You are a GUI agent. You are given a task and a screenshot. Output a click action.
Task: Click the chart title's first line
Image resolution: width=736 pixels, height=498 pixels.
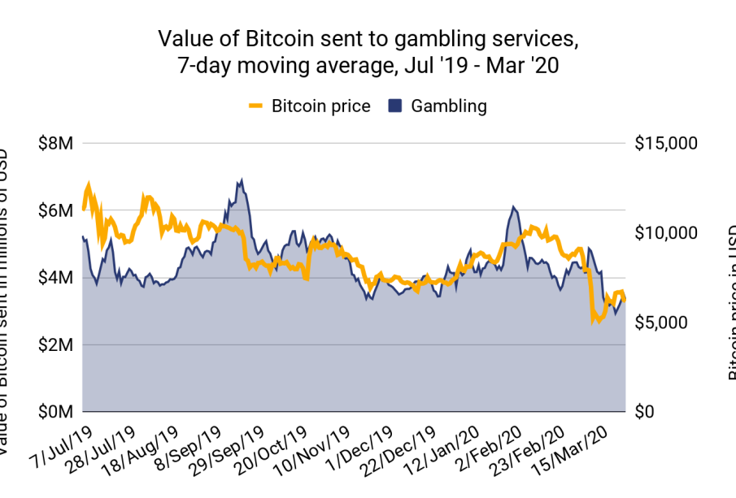[368, 39]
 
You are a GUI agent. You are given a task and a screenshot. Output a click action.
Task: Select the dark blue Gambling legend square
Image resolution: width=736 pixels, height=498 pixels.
[396, 106]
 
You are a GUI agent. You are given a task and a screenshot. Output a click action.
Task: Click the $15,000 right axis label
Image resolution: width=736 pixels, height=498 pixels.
[664, 144]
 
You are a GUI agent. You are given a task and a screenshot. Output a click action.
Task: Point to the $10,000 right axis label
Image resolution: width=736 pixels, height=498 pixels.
[664, 233]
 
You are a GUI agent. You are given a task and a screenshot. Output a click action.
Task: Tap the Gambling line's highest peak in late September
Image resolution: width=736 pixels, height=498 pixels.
[242, 180]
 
